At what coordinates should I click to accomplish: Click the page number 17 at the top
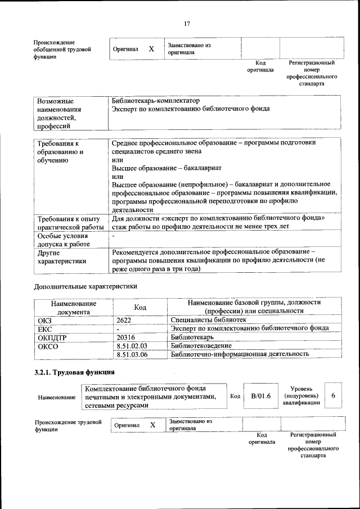pos(187,24)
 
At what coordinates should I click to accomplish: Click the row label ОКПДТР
pos(52,336)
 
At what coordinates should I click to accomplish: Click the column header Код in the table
pos(140,307)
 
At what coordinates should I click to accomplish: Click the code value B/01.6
pos(261,396)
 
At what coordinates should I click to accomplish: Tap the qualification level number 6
pos(333,396)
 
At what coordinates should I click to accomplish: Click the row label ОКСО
pos(48,345)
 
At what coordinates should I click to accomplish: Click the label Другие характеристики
pos(62,257)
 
